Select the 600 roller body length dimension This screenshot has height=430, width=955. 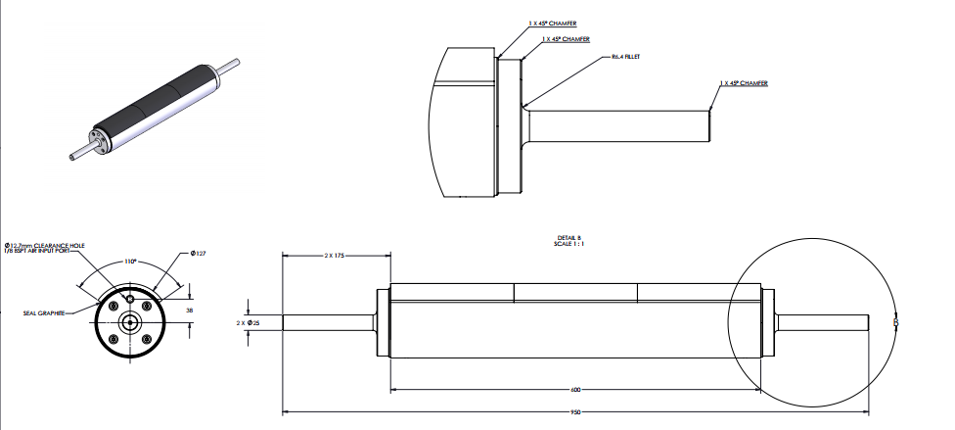tap(575, 389)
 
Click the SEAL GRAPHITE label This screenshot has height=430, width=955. tap(44, 313)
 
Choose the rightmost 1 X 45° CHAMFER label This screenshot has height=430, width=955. tap(743, 83)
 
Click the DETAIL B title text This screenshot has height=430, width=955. tap(568, 237)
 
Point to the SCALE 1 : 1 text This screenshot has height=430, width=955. tap(568, 244)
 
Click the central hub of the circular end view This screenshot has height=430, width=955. tap(129, 321)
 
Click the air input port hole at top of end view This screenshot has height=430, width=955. tap(130, 298)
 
